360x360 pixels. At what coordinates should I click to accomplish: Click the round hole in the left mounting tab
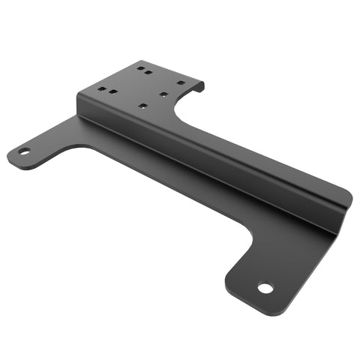24,151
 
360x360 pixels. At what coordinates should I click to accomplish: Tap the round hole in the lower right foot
264,287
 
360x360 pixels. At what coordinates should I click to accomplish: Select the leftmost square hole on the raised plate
100,89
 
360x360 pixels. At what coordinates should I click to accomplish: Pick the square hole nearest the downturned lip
180,82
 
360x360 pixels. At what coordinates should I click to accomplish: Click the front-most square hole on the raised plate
143,106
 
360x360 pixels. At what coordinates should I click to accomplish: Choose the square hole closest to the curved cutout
163,94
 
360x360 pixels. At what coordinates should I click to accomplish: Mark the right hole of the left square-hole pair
112,92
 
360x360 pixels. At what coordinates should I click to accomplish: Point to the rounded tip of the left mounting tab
10,155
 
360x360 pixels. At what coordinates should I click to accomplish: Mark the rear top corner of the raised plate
135,61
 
